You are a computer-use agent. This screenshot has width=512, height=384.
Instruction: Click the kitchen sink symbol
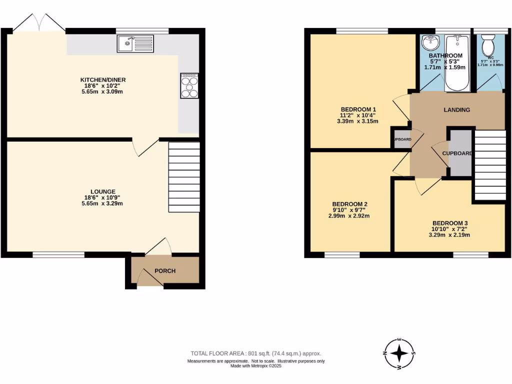pyautogui.click(x=135, y=44)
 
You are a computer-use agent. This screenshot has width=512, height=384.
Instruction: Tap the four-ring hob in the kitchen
pyautogui.click(x=189, y=86)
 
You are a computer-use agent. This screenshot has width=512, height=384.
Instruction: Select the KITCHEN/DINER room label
pyautogui.click(x=103, y=80)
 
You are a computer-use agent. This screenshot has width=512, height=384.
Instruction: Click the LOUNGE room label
pyautogui.click(x=103, y=191)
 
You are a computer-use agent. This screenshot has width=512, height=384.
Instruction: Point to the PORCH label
pyautogui.click(x=165, y=271)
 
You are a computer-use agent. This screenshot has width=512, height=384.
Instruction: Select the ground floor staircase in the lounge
pyautogui.click(x=184, y=177)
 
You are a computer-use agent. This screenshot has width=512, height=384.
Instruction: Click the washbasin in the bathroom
pyautogui.click(x=428, y=44)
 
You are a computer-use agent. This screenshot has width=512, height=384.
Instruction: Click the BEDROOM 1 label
pyautogui.click(x=358, y=109)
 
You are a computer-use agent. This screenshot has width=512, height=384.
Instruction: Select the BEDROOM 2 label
pyautogui.click(x=350, y=204)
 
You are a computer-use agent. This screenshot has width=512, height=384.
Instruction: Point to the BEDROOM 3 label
pyautogui.click(x=450, y=223)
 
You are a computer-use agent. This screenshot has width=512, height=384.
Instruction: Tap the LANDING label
pyautogui.click(x=457, y=110)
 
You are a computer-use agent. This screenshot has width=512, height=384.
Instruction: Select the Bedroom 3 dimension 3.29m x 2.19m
pyautogui.click(x=450, y=235)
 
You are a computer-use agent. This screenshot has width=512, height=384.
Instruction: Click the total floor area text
pyautogui.click(x=255, y=353)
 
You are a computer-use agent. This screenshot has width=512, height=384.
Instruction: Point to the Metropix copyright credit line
pyautogui.click(x=256, y=365)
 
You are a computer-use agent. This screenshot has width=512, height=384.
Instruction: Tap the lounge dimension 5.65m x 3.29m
pyautogui.click(x=103, y=203)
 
